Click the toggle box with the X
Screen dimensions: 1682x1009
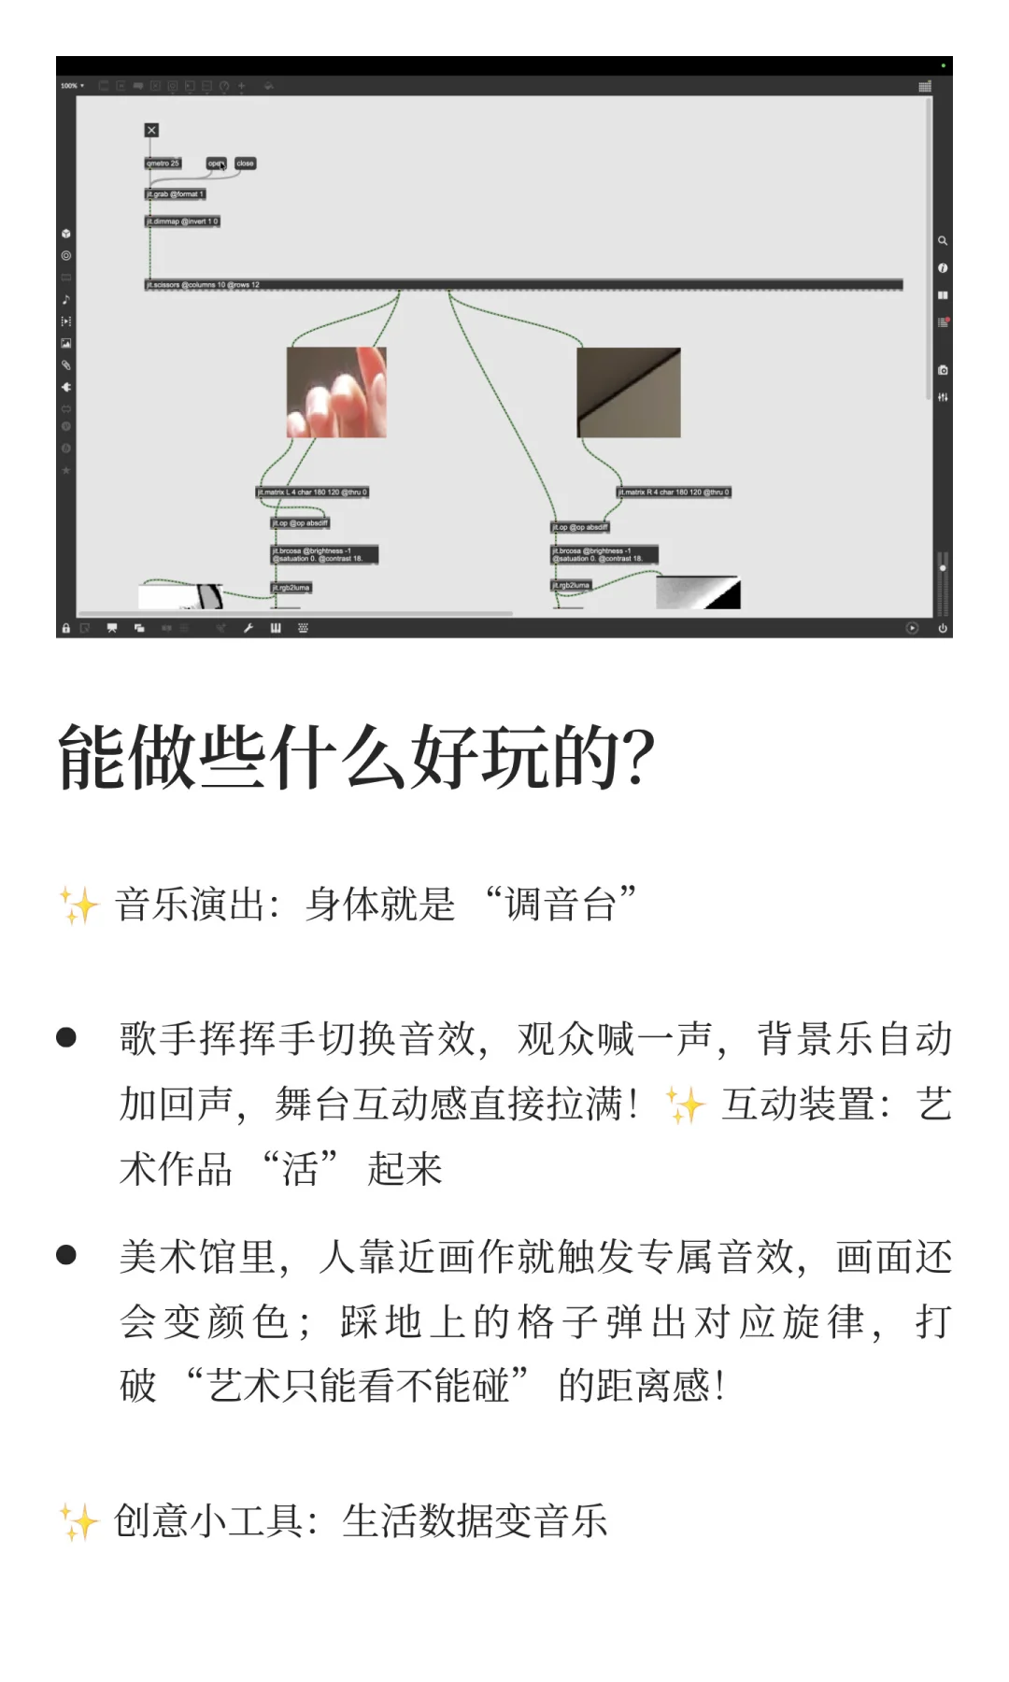pyautogui.click(x=151, y=130)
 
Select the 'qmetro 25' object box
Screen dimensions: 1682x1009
pyautogui.click(x=163, y=164)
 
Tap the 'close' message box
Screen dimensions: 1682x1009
pyautogui.click(x=245, y=164)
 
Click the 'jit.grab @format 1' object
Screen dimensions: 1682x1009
pyautogui.click(x=175, y=194)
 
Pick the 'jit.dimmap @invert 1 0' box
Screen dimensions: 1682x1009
pyautogui.click(x=182, y=221)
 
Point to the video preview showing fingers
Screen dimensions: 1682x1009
pyautogui.click(x=336, y=392)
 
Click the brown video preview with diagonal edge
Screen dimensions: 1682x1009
pyautogui.click(x=628, y=392)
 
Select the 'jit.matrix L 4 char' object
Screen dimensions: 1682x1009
pyautogui.click(x=313, y=492)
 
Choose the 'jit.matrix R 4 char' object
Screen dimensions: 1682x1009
pyautogui.click(x=673, y=492)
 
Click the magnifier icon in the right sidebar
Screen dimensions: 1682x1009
pyautogui.click(x=943, y=241)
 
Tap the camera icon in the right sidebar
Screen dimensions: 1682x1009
pyautogui.click(x=943, y=370)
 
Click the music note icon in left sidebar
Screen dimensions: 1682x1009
pyautogui.click(x=66, y=300)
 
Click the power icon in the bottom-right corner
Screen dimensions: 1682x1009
pyautogui.click(x=944, y=628)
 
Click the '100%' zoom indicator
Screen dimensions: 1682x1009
pyautogui.click(x=71, y=86)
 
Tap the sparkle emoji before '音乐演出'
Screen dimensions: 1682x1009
pyautogui.click(x=78, y=905)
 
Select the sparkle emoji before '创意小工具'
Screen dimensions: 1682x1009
pyautogui.click(x=78, y=1521)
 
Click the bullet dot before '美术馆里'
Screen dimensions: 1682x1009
pyautogui.click(x=66, y=1254)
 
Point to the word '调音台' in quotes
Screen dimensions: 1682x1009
pyautogui.click(x=561, y=905)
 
